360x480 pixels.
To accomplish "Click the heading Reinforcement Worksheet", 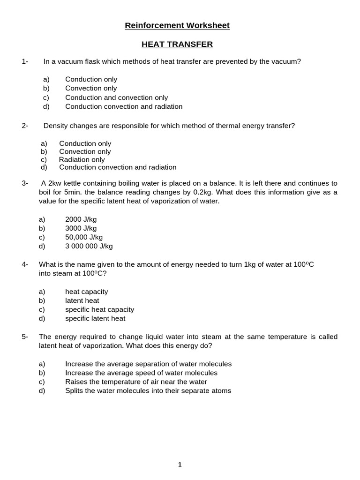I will pyautogui.click(x=177, y=26).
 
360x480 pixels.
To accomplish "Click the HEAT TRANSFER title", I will pyautogui.click(x=177, y=45).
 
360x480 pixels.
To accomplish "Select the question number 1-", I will pyautogui.click(x=25, y=61).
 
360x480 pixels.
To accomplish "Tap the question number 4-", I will pyautogui.click(x=25, y=264).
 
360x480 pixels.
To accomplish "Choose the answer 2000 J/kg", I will pyautogui.click(x=81, y=219).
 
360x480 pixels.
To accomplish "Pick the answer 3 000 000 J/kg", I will pyautogui.click(x=89, y=246).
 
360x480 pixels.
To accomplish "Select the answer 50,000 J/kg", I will pyautogui.click(x=84, y=237).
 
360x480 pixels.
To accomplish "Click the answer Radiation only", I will pyautogui.click(x=82, y=160).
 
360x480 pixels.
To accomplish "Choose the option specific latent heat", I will pyautogui.click(x=95, y=318).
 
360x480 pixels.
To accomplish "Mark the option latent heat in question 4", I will pyautogui.click(x=82, y=300).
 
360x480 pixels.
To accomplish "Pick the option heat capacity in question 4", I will pyautogui.click(x=86, y=292).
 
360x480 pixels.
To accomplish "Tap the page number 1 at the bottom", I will pyautogui.click(x=180, y=465).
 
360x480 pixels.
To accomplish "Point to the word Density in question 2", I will pyautogui.click(x=56, y=126).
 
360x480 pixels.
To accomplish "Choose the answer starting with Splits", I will pyautogui.click(x=148, y=390).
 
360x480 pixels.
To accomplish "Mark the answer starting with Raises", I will pyautogui.click(x=136, y=382).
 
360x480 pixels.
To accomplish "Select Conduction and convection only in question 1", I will pyautogui.click(x=116, y=97).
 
